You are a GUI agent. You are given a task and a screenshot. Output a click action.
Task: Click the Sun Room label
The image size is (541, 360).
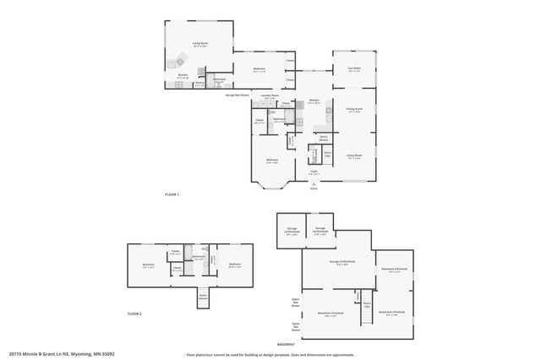354,68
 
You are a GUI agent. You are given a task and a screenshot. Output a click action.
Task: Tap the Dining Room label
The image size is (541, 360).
354,108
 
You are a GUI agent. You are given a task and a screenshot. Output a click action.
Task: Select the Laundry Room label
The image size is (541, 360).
270,95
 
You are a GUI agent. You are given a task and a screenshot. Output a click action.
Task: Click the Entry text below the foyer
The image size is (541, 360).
314,188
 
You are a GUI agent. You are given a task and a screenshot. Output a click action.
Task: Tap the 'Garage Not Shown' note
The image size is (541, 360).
237,95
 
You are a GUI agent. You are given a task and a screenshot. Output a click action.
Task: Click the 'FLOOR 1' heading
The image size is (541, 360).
172,194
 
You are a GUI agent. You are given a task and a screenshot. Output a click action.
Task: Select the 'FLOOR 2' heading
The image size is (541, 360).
135,314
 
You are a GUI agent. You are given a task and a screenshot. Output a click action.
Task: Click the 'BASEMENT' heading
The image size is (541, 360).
309,344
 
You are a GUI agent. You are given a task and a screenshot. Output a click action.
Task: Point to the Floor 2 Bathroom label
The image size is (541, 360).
199,257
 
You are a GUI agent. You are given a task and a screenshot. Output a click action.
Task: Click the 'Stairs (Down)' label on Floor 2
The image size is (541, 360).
204,297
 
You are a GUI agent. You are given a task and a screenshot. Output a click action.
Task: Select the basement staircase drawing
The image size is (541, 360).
367,314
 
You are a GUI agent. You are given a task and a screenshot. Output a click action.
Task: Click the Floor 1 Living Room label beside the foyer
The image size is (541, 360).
354,155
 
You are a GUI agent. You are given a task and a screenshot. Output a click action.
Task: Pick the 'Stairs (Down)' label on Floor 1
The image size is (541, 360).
323,137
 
